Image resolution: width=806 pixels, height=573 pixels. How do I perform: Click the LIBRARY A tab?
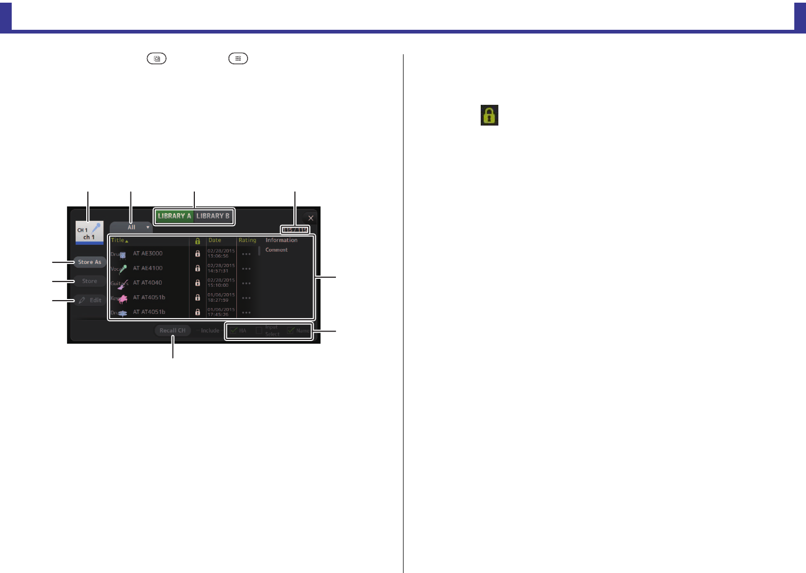174,216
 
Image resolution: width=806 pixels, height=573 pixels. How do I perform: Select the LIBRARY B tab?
213,216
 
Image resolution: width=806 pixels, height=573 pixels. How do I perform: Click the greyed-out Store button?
89,281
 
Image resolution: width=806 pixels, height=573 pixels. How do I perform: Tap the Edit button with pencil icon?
89,300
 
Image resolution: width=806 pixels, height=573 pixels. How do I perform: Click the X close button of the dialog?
310,218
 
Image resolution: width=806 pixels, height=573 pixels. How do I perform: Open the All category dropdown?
131,227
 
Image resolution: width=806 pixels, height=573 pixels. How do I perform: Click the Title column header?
118,240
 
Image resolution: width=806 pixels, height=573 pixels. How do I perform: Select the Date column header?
215,240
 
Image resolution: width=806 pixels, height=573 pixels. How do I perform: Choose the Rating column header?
248,240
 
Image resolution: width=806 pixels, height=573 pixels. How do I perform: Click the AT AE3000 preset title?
148,254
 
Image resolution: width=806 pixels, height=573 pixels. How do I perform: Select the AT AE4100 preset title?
148,268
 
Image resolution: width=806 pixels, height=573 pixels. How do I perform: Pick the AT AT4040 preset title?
147,283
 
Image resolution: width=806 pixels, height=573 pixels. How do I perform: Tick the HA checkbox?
234,330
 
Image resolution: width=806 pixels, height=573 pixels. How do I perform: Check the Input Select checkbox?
259,330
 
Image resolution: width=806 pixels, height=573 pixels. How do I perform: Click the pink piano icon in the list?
122,298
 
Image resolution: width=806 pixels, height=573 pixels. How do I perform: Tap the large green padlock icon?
489,115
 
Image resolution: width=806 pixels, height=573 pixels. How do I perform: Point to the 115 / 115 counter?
295,230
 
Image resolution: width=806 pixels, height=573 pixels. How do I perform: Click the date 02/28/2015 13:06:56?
221,253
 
